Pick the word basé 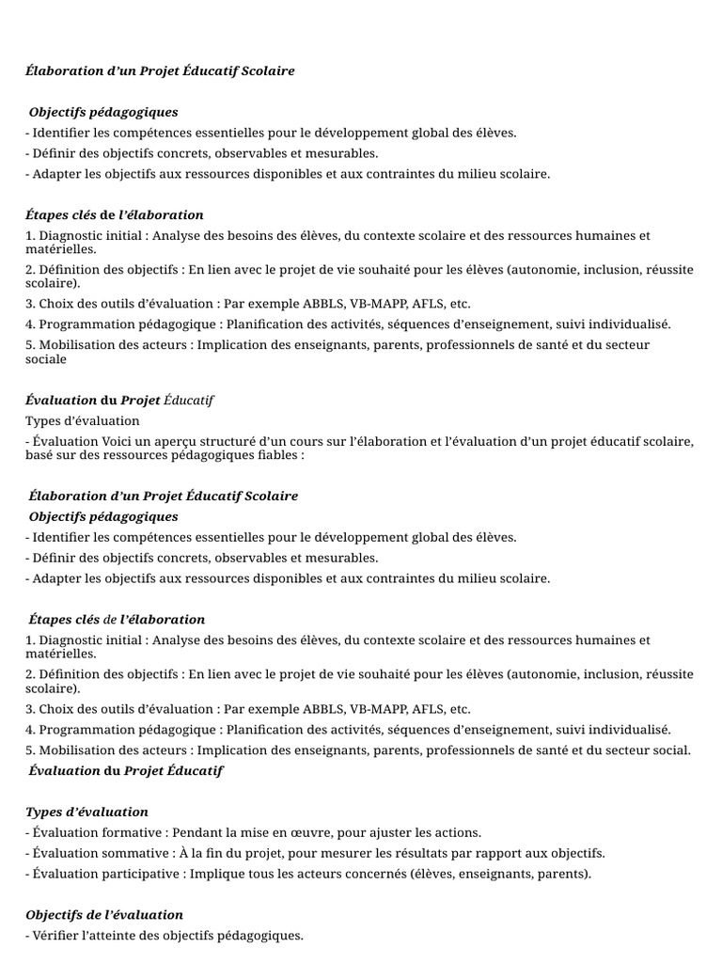coord(41,455)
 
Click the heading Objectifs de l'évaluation coord(104,915)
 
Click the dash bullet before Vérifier coord(28,936)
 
